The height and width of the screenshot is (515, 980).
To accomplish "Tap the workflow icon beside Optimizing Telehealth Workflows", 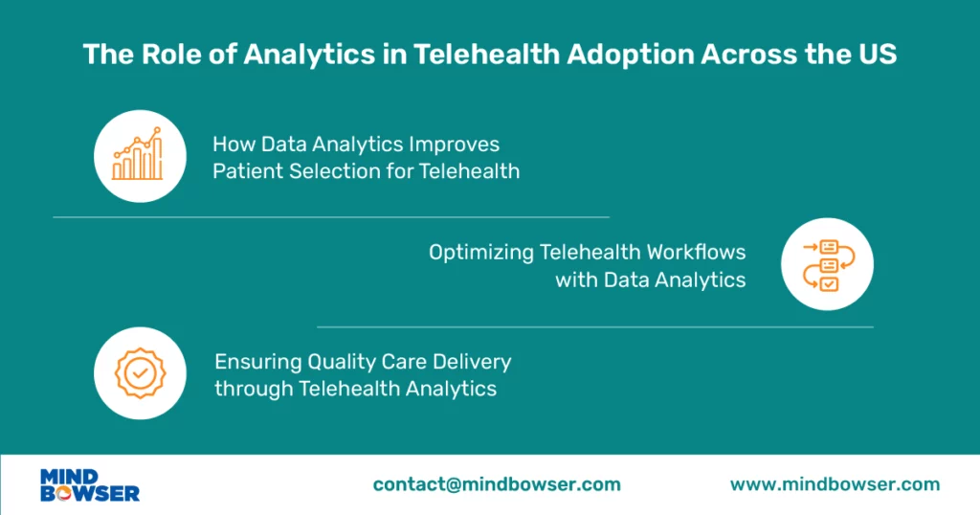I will click(827, 264).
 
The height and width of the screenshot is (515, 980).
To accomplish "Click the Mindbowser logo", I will click(90, 484).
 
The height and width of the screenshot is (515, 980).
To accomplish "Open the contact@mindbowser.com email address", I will click(497, 484).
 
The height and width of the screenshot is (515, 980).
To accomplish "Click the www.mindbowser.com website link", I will click(835, 484).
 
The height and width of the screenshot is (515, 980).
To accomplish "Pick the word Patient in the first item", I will click(246, 172).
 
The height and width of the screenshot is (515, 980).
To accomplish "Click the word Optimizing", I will click(481, 253).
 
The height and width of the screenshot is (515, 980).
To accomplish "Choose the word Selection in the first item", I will click(326, 172).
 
